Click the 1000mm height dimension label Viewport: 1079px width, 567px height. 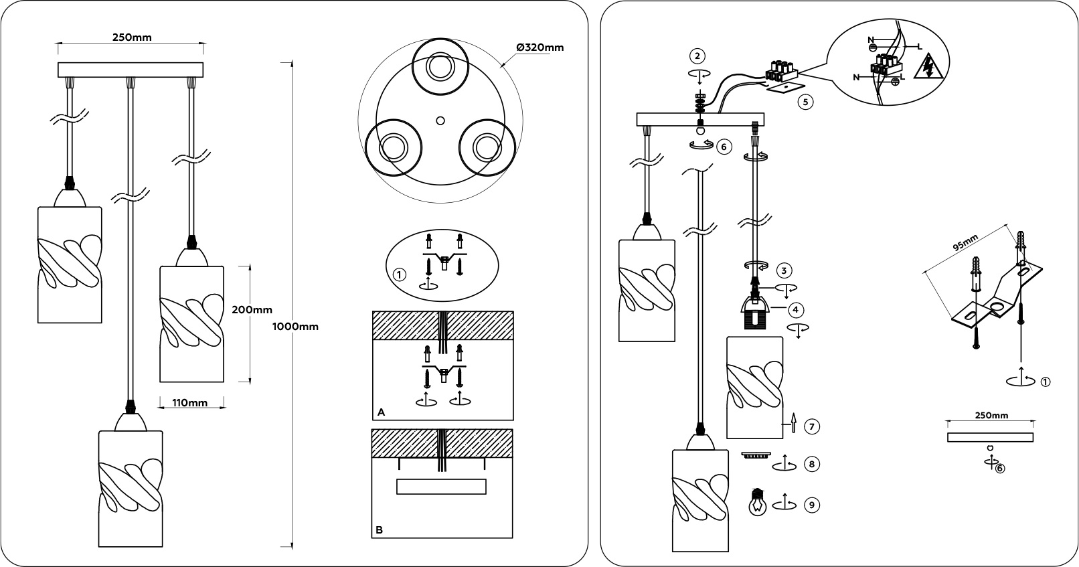click(296, 327)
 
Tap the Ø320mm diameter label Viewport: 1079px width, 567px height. click(539, 48)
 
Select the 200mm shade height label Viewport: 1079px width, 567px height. click(252, 310)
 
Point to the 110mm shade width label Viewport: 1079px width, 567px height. click(189, 403)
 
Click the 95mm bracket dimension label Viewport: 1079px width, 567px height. click(965, 250)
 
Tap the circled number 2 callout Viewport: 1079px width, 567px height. click(699, 56)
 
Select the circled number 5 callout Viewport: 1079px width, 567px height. click(806, 102)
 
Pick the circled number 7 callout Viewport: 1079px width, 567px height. click(811, 426)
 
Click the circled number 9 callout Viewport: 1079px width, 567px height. click(811, 505)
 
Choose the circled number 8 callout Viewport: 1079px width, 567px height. click(811, 464)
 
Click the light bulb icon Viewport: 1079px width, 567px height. click(757, 502)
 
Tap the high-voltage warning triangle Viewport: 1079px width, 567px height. click(928, 68)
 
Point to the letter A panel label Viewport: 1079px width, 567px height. click(381, 412)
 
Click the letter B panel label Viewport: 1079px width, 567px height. click(380, 530)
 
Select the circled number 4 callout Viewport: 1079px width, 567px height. click(795, 310)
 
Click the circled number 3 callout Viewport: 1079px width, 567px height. click(784, 270)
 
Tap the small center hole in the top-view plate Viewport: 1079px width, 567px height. click(440, 120)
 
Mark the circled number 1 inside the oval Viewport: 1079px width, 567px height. click(400, 275)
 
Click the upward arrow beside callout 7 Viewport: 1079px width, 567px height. click(793, 422)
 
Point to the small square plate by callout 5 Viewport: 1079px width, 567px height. click(784, 87)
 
